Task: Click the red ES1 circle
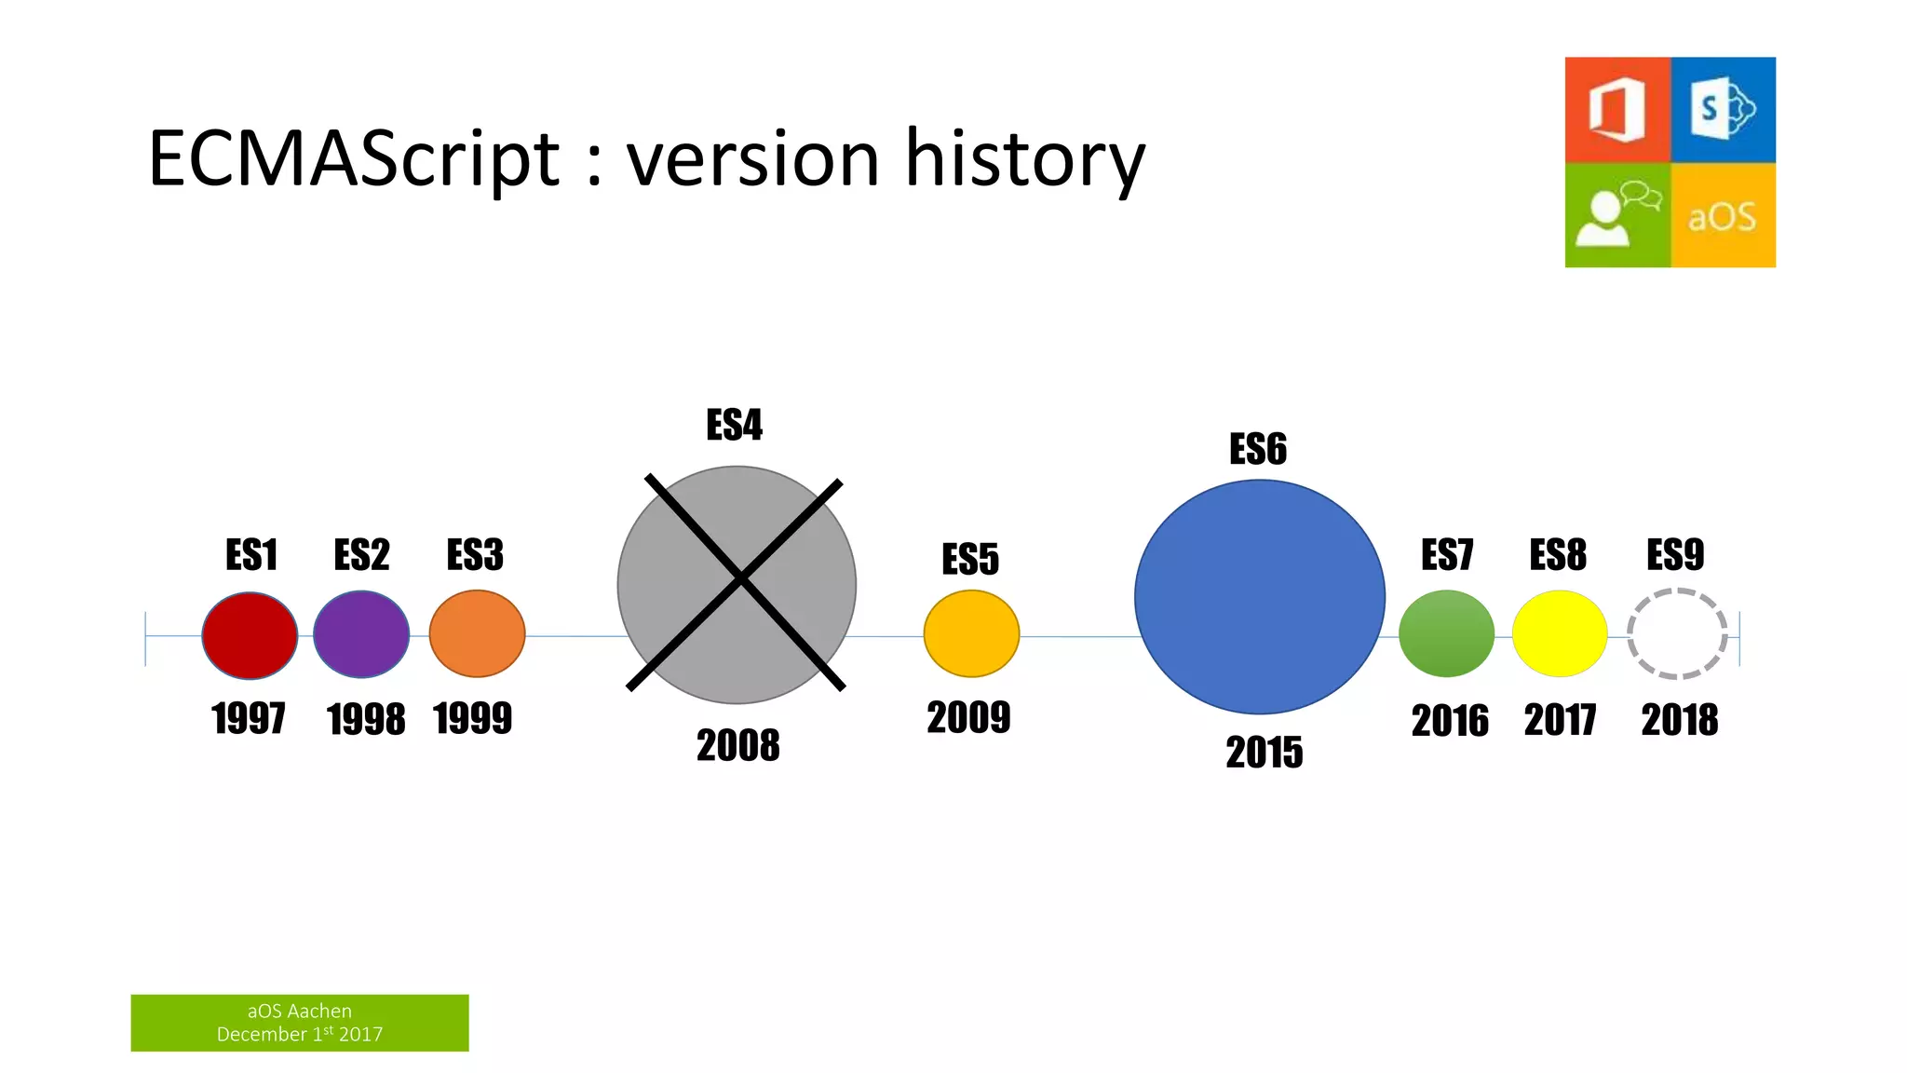(x=250, y=635)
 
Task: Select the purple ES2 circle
(x=361, y=634)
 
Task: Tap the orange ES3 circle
(x=477, y=633)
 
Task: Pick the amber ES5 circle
(x=971, y=633)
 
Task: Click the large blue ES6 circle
(x=1260, y=597)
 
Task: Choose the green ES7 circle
(x=1446, y=633)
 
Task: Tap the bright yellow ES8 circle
(x=1560, y=633)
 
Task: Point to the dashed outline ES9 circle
(x=1677, y=633)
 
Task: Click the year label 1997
(x=248, y=719)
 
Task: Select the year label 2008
(x=737, y=745)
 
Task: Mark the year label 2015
(x=1264, y=753)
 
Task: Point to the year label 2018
(x=1679, y=720)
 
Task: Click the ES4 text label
(x=734, y=426)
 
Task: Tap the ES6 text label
(x=1258, y=449)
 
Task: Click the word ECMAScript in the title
(x=354, y=158)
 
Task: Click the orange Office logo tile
(x=1617, y=110)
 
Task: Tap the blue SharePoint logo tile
(x=1724, y=110)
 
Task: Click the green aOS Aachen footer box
(x=300, y=1023)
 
